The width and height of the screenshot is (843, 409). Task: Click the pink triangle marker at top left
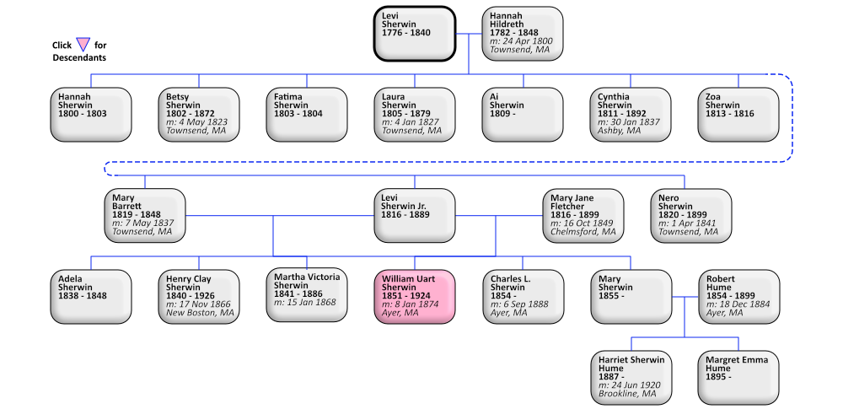point(83,44)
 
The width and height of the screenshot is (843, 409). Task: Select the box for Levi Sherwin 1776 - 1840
point(415,34)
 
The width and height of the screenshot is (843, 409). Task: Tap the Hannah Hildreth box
point(523,34)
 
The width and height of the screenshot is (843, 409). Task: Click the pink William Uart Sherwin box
point(415,296)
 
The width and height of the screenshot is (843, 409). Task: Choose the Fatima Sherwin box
point(307,114)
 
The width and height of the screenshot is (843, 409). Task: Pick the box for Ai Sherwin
point(523,114)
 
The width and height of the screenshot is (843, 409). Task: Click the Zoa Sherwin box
point(738,114)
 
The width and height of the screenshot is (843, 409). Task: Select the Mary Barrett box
point(145,216)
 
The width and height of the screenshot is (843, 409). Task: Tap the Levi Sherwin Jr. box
point(415,216)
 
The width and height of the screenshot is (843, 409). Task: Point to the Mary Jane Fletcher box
point(583,216)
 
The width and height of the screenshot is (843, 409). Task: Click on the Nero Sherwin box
point(691,216)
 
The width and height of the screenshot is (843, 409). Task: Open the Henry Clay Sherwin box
point(199,296)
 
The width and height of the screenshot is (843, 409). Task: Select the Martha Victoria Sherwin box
point(307,296)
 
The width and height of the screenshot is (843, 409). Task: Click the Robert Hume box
point(738,296)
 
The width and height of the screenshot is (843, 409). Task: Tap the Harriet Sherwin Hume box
point(631,377)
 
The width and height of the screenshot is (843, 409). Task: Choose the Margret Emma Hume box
point(738,377)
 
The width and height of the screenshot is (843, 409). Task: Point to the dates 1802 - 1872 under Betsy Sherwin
point(191,114)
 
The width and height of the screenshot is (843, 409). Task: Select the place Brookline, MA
point(628,394)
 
